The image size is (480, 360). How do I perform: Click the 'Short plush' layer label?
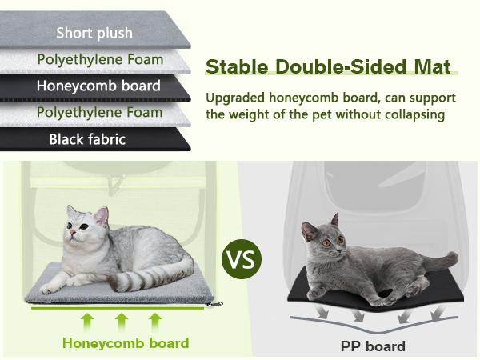coord(94,33)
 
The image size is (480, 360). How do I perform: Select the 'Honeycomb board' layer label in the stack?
coord(98,86)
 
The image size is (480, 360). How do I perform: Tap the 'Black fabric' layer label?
coord(87,139)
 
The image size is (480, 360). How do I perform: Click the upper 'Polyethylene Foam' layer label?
coord(100,59)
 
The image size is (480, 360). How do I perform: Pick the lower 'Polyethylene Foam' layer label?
coord(100,112)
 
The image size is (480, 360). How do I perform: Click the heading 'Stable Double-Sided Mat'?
coord(329,66)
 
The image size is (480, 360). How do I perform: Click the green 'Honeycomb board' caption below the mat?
coord(126,343)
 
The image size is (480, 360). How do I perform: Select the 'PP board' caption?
coord(374,346)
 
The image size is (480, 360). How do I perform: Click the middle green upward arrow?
coord(122,322)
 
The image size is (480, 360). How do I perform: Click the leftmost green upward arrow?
coord(87,322)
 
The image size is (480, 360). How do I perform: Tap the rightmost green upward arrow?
coord(156,322)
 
